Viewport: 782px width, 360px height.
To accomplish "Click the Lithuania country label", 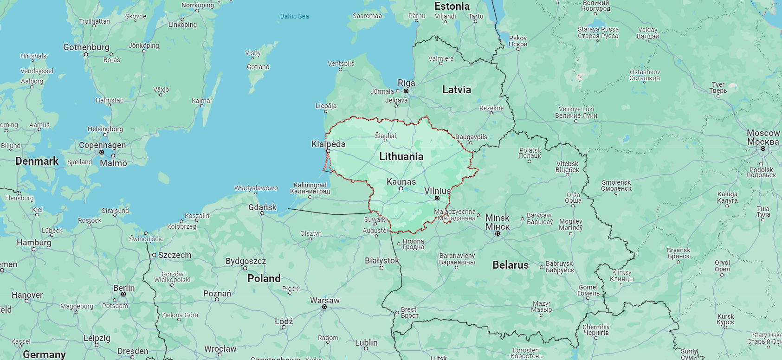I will click(401, 156).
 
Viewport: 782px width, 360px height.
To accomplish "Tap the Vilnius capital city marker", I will click(437, 198).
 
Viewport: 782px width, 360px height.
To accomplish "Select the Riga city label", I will click(406, 83).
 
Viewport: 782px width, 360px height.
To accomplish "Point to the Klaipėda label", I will click(328, 144).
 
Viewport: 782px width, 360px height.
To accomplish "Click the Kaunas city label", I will click(401, 181).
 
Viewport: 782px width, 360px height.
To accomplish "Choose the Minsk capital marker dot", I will click(498, 233).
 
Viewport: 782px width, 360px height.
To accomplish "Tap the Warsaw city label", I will click(324, 300).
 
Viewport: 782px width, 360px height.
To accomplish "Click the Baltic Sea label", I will click(294, 16).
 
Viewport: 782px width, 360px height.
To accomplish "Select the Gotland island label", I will click(258, 67).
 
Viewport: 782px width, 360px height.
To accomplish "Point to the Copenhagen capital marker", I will click(102, 152).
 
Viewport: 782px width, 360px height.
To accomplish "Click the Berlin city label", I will click(124, 288).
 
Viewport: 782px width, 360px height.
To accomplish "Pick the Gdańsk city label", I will click(262, 207).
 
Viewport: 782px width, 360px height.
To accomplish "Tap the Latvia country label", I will click(456, 90).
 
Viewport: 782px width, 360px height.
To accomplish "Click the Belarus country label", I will click(510, 265).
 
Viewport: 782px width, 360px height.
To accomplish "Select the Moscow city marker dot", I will click(763, 148).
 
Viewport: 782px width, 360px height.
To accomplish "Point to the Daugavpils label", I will click(471, 137).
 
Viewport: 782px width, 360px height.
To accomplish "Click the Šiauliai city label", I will click(385, 136).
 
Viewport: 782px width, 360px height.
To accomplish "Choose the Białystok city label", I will click(381, 260).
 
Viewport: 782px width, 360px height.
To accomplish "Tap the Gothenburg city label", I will click(86, 47).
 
